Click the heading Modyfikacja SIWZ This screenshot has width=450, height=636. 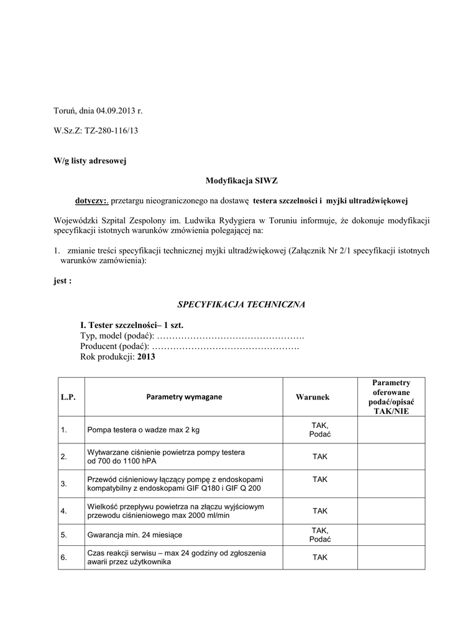(241, 181)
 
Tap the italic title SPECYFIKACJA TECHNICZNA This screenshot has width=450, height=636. (241, 304)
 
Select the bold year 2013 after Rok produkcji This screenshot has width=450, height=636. (146, 357)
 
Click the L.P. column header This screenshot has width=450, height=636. (68, 397)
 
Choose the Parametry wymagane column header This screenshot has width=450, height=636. (184, 397)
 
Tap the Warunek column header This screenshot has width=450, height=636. (313, 397)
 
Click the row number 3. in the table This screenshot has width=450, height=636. (64, 483)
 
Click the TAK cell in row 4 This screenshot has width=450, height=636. (319, 511)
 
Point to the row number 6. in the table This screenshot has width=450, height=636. (64, 557)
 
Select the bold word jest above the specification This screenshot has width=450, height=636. (62, 281)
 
